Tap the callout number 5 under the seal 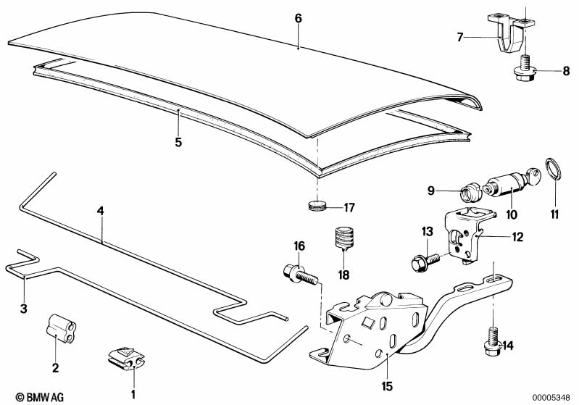pos(178,141)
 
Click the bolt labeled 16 pos(299,275)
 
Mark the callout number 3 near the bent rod pos(24,309)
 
